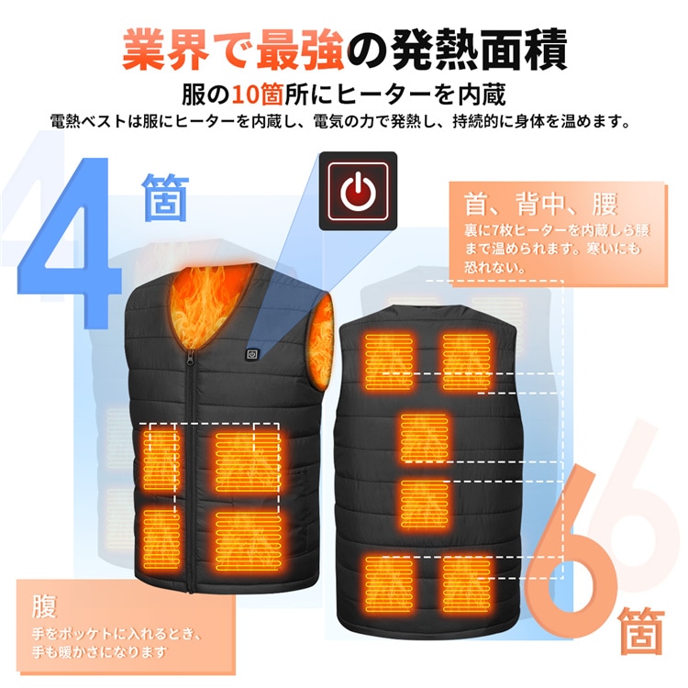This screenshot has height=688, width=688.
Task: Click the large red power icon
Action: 358,191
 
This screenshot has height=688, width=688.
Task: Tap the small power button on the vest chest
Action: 252,354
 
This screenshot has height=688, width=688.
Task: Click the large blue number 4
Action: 71,242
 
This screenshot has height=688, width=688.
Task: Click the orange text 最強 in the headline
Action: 300,49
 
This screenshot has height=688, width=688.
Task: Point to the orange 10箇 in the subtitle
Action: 257,94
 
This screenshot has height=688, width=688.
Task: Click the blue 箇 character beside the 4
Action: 165,197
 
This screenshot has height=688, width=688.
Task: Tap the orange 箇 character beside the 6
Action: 640,630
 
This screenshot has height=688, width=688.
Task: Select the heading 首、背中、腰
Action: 541,204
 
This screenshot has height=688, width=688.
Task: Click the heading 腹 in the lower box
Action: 44,606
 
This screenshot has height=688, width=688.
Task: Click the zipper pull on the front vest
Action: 191,357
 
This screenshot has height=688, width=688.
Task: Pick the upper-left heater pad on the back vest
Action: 388,362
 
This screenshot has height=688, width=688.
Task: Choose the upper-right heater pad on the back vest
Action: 466,362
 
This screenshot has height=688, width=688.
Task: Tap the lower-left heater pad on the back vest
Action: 389,584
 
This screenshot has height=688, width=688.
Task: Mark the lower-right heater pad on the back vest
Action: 466,584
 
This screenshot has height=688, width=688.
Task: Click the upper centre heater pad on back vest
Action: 424,438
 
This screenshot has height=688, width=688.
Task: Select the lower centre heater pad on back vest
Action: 424,504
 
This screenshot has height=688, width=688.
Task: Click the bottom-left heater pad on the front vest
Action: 161,539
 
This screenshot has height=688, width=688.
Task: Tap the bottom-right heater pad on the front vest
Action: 248,541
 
